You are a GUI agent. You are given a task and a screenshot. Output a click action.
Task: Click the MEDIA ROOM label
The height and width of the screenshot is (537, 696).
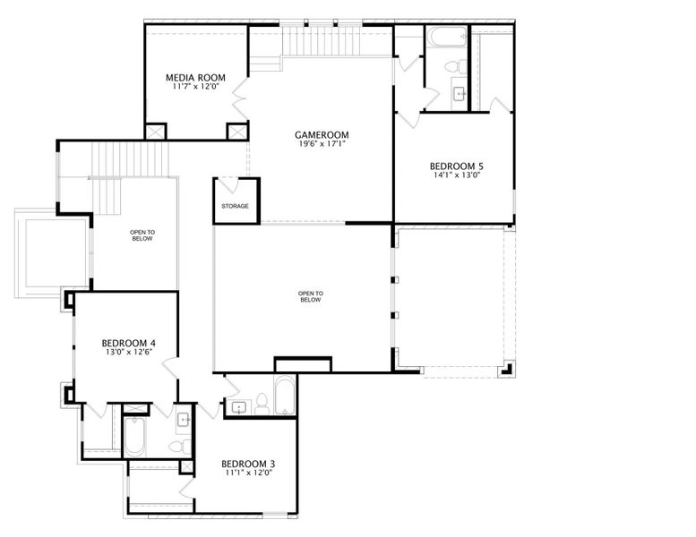click(195, 78)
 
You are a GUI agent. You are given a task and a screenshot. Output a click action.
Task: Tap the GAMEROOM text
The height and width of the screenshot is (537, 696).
click(322, 135)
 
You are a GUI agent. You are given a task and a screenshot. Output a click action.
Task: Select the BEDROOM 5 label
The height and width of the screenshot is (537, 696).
click(457, 166)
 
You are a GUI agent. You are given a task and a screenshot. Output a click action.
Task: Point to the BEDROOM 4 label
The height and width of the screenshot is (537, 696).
click(129, 343)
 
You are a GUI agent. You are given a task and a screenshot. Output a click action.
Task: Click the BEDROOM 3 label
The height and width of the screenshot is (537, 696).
click(248, 464)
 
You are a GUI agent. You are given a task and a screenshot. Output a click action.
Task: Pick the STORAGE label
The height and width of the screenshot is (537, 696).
click(236, 206)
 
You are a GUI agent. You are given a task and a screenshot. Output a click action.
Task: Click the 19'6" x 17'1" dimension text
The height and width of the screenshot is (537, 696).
click(322, 144)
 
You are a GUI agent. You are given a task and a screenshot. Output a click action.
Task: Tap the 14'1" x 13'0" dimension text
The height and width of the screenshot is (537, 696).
click(457, 175)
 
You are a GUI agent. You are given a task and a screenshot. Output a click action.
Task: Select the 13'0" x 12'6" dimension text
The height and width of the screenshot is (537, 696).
click(129, 352)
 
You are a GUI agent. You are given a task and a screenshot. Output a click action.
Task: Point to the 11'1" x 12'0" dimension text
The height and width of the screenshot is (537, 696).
click(248, 473)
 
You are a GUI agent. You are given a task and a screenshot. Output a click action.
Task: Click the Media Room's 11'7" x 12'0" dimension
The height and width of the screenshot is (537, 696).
click(195, 87)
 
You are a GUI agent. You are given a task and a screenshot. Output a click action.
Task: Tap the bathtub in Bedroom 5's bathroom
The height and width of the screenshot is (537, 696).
click(447, 37)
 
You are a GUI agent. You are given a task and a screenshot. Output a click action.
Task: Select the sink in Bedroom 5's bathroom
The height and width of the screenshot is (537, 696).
click(460, 94)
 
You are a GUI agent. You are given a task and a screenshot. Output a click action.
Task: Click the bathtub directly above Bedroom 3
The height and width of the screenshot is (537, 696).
click(285, 395)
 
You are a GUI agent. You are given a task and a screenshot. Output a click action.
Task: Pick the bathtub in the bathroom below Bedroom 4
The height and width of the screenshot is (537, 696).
click(134, 437)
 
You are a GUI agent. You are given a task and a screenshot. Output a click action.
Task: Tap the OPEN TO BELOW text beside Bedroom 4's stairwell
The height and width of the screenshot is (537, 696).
click(142, 235)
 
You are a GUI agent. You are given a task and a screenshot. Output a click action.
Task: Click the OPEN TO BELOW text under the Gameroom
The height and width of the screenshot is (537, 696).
click(311, 296)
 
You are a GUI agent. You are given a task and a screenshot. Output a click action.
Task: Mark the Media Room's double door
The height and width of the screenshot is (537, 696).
click(241, 98)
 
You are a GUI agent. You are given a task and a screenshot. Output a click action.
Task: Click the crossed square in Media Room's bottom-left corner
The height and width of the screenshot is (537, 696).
click(156, 132)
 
